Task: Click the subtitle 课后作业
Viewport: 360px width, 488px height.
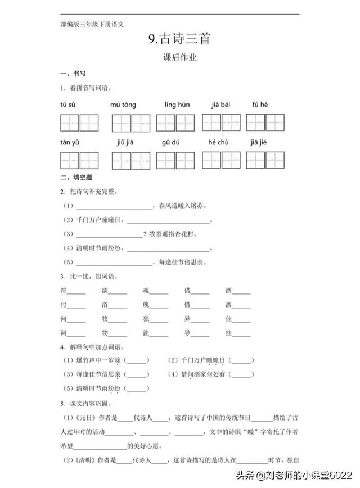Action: click(x=179, y=57)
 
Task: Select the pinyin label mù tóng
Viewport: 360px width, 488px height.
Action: click(x=123, y=105)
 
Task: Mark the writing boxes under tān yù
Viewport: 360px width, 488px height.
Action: click(x=79, y=160)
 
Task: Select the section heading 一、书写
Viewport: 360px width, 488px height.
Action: click(x=73, y=74)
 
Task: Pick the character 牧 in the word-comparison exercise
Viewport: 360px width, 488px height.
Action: click(x=105, y=319)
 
